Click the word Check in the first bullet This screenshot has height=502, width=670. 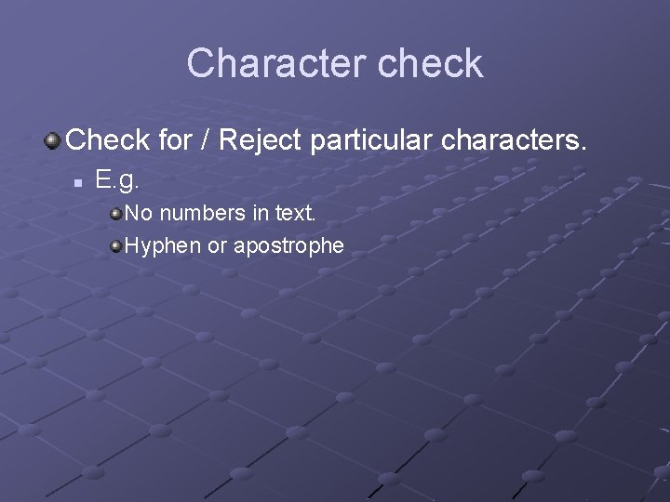click(108, 140)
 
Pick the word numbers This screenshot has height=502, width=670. click(202, 214)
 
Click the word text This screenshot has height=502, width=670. click(296, 214)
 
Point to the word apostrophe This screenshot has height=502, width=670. click(289, 247)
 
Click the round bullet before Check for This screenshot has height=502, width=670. click(52, 141)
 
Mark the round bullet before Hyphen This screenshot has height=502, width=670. click(116, 246)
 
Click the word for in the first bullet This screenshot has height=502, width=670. click(175, 140)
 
